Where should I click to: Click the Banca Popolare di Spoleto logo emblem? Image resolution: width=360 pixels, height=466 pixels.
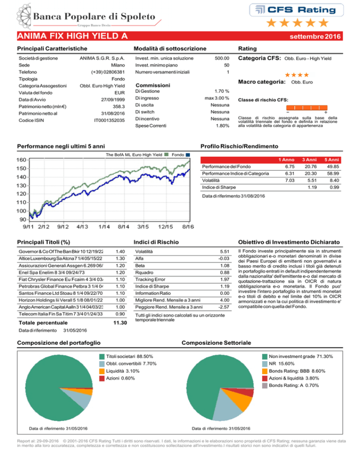tap(24, 16)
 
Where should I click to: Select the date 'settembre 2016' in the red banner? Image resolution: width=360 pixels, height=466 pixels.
tap(315, 37)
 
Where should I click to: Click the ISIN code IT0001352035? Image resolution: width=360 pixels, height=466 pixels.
tap(109, 120)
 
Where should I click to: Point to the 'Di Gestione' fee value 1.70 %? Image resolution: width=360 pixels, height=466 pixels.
tap(222, 91)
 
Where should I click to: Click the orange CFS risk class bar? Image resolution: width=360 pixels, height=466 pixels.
tap(307, 107)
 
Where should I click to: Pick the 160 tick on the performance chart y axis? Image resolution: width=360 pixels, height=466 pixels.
tap(22, 159)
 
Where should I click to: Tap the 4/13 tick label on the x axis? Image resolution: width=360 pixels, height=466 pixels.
tap(82, 227)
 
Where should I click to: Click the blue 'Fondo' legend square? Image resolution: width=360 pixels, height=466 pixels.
tap(187, 155)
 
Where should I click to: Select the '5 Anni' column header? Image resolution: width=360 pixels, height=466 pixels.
tap(331, 160)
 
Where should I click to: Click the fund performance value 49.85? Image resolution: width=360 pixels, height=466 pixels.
tap(333, 167)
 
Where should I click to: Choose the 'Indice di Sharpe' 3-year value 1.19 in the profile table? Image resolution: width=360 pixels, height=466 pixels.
tap(312, 188)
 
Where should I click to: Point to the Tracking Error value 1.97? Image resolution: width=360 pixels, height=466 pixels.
tap(225, 279)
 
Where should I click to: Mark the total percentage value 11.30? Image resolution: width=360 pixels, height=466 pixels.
tap(120, 323)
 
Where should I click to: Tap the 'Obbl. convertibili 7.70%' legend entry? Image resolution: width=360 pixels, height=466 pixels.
tap(128, 364)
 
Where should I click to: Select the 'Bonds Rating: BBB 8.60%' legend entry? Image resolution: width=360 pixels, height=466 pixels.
tap(294, 371)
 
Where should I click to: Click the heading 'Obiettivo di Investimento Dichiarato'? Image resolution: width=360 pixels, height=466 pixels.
tap(289, 242)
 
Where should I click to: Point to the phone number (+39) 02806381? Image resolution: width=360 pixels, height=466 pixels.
tap(108, 72)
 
